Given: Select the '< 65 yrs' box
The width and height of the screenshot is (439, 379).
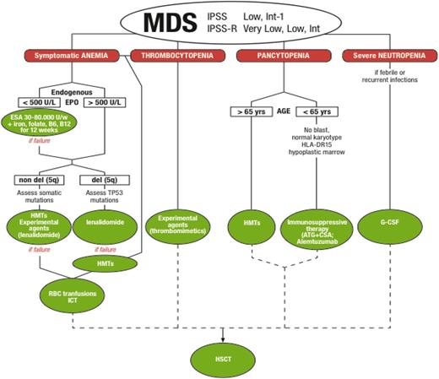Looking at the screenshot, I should tap(314, 111).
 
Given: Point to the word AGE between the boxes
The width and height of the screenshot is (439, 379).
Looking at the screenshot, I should tap(282, 111).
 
